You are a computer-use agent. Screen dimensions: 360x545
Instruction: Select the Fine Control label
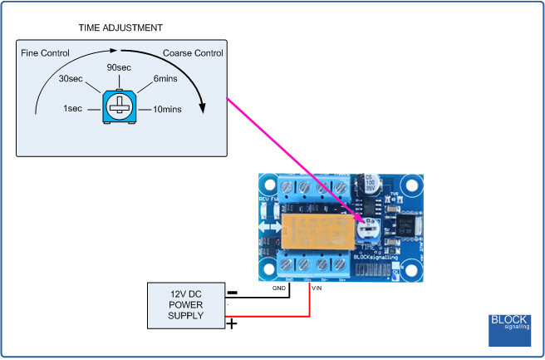click(x=46, y=52)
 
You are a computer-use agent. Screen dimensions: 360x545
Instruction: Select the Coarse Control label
click(x=194, y=52)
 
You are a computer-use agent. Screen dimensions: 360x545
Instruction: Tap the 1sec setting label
click(x=71, y=109)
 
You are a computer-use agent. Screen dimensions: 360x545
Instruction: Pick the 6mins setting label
click(x=166, y=80)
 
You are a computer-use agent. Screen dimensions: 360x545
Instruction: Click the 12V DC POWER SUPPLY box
click(x=184, y=305)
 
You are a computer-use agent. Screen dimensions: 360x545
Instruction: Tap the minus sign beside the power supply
click(x=232, y=293)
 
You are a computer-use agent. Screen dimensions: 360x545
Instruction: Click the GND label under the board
click(x=278, y=288)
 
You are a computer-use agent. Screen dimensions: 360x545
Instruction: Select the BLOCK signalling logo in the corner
click(x=509, y=330)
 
